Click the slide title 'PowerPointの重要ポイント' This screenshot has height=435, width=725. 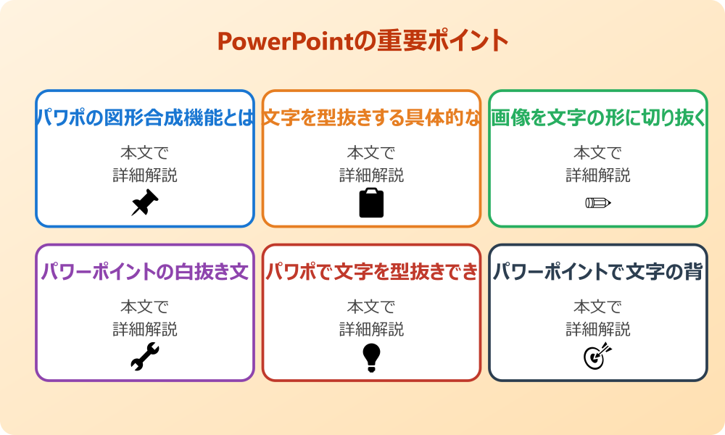click(x=362, y=41)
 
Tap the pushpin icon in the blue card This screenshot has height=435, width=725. click(x=145, y=203)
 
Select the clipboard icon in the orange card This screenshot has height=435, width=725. click(x=371, y=203)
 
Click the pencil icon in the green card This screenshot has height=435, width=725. click(x=598, y=202)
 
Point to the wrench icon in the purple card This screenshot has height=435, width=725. click(x=145, y=357)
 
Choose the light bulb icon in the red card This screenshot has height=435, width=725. click(x=371, y=357)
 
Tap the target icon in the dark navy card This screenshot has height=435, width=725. click(x=598, y=357)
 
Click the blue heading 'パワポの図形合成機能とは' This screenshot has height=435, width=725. click(x=145, y=118)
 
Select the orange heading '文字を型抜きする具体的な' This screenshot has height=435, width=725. click(x=371, y=118)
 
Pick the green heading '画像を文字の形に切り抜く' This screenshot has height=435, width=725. click(x=598, y=118)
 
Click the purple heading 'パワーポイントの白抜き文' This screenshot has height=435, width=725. click(x=145, y=272)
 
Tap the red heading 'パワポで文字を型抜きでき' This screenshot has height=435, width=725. click(x=371, y=272)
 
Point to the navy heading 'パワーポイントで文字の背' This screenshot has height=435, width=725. click(x=598, y=272)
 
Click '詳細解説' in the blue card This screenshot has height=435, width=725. click(x=145, y=175)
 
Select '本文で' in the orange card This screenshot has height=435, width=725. click(x=371, y=153)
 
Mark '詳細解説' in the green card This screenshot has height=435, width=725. click(x=598, y=175)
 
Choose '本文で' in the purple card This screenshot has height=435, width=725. click(x=145, y=307)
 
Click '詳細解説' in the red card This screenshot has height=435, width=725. click(x=371, y=329)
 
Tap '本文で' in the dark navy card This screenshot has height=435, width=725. click(x=598, y=307)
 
